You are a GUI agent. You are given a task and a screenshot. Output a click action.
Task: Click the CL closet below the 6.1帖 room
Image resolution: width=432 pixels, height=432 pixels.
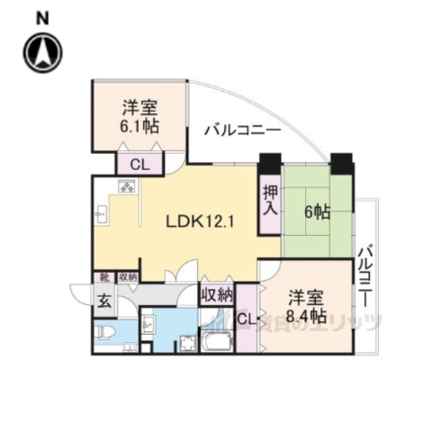click(x=139, y=164)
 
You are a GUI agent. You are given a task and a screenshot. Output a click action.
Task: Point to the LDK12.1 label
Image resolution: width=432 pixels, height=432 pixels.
click(x=200, y=220)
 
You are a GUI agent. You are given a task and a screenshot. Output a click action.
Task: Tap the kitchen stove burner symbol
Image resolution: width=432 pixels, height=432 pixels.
click(x=127, y=188)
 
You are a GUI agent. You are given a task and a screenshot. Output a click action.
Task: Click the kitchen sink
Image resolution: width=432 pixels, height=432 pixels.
click(x=102, y=216)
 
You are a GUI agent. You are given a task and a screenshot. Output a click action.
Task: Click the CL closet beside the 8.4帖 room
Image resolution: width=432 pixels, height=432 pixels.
click(x=247, y=319)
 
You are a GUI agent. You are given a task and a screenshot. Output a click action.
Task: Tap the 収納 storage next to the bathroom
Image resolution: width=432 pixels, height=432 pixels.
click(x=216, y=294)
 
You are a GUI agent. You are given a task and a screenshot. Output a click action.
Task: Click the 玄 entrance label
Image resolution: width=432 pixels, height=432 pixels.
click(x=104, y=301)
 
